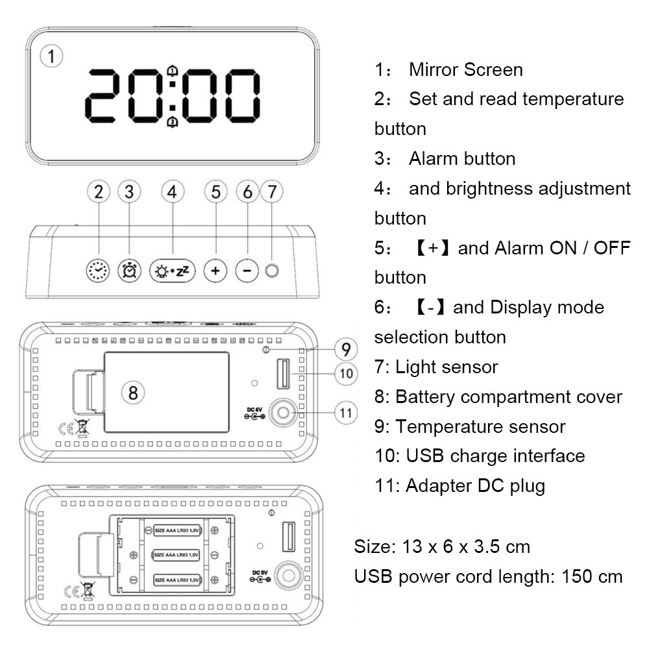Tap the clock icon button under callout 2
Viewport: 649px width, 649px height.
tap(98, 270)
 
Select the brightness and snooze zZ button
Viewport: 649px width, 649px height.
tap(172, 270)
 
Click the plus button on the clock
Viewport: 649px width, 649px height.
tap(215, 270)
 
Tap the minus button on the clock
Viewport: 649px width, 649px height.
tap(247, 270)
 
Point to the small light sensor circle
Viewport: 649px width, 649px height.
tap(272, 270)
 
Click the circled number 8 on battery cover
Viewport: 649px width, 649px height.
tap(133, 392)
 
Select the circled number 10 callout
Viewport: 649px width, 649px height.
tap(346, 373)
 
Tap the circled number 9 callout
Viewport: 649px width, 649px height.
tap(346, 349)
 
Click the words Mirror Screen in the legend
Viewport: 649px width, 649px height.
tap(465, 69)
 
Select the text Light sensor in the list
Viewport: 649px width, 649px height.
tap(447, 367)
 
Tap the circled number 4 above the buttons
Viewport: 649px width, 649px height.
tap(172, 191)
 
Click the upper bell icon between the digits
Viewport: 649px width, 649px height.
tap(172, 71)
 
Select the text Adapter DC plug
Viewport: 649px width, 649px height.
tap(475, 485)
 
